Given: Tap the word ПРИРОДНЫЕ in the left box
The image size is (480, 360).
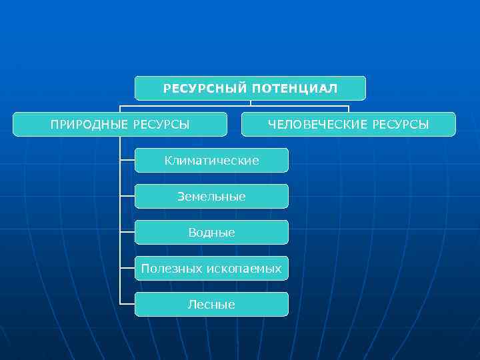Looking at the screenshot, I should point(90,125).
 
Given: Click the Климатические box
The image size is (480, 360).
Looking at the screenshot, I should point(211,161).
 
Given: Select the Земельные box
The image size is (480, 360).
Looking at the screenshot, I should point(211,197).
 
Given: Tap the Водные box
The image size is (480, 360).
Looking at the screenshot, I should point(211,233).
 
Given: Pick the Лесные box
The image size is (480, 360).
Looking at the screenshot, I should point(211,305).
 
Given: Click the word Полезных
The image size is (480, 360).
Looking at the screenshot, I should point(169,269).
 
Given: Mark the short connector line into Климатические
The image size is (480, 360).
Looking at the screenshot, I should point(127,160).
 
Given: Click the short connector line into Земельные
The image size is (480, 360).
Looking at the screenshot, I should point(127,196).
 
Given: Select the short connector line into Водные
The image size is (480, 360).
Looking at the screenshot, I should point(127,232).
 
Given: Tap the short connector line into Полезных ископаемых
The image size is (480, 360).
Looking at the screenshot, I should point(127,268).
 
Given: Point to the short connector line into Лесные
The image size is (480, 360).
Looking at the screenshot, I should point(127,304).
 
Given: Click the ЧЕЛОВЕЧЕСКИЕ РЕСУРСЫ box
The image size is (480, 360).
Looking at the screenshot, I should point(348,125).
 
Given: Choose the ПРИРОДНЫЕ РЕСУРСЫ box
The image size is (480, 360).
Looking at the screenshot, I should point(120,125).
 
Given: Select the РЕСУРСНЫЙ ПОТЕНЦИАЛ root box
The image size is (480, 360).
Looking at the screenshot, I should point(250,89).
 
